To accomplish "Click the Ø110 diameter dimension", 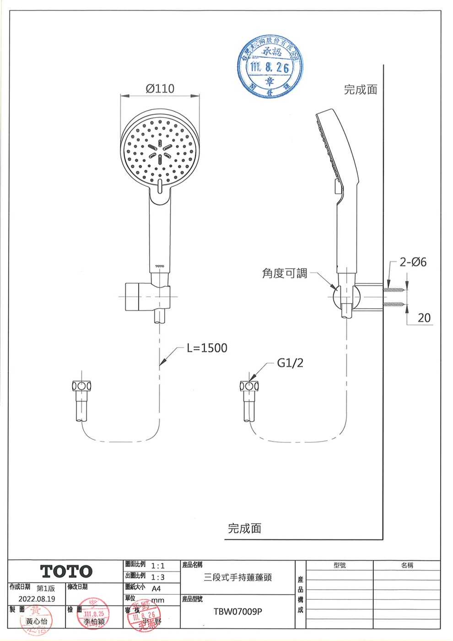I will pos(160,88).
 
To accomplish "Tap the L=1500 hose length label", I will pos(207,348).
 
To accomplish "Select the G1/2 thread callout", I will pos(290,363).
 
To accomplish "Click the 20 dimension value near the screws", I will pos(424,318).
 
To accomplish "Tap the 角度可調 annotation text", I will pos(284,273).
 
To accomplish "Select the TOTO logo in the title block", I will pos(66,571).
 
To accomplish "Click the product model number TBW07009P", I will pos(238,611).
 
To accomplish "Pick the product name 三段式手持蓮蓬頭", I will pos(238,577).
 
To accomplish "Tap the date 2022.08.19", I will pos(37,599).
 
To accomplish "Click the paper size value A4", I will pos(156,588).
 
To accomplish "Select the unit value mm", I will pos(157,600).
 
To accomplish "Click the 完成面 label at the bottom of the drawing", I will pos(244,528).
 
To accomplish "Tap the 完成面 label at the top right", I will pos(361,90).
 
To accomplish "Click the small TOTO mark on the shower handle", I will pos(159,266).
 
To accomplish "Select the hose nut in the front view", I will pos(82,385).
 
